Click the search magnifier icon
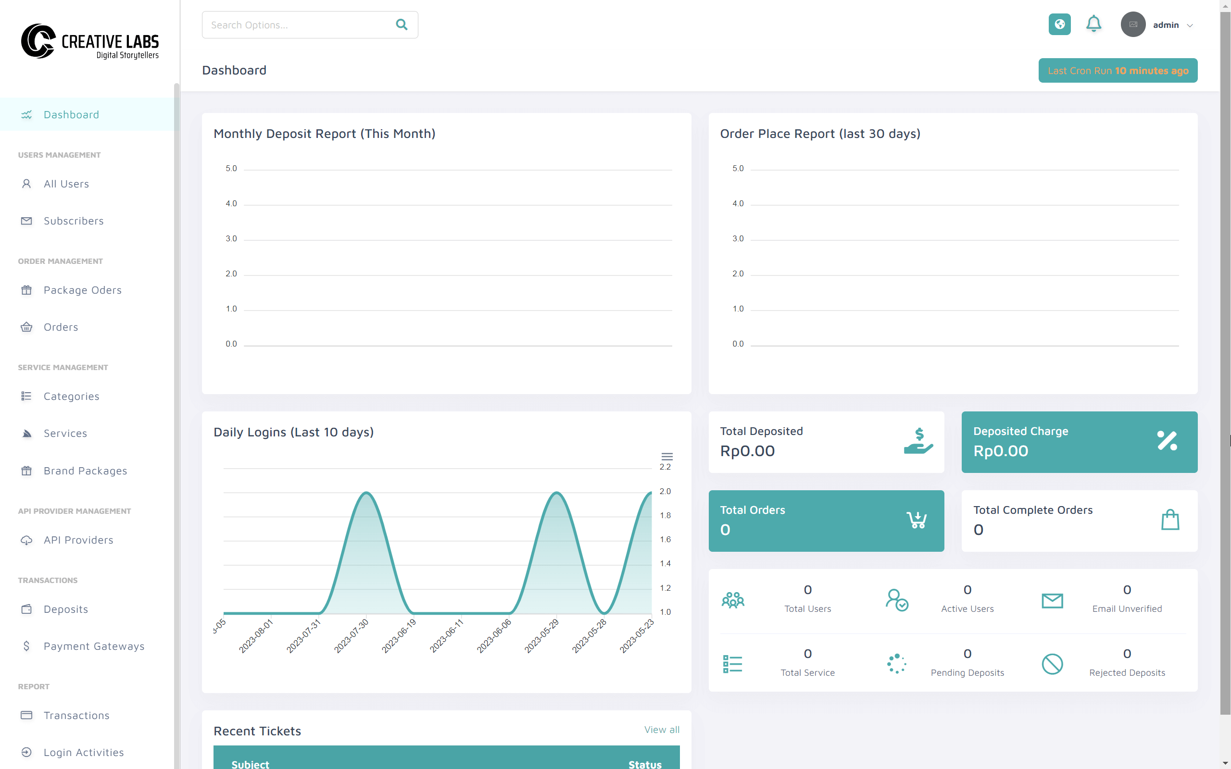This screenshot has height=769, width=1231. click(402, 25)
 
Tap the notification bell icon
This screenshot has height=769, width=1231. click(1093, 24)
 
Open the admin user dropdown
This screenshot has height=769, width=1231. click(1157, 25)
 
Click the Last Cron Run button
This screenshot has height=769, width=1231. click(1118, 70)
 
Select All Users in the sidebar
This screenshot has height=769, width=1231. click(66, 184)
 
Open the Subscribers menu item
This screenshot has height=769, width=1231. click(73, 221)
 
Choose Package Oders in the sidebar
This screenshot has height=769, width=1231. click(82, 290)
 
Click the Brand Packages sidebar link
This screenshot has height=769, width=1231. click(85, 471)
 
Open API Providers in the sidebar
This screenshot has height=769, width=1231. click(78, 540)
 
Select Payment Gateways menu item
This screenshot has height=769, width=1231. click(94, 646)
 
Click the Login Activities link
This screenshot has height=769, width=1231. click(83, 752)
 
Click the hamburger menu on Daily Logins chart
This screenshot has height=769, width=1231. click(667, 456)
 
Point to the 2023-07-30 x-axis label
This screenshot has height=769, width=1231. click(352, 636)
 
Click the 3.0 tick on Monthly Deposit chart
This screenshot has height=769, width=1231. click(231, 238)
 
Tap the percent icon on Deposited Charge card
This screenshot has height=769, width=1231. click(1167, 440)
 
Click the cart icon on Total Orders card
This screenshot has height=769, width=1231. click(917, 520)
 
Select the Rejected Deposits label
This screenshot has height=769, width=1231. click(1127, 672)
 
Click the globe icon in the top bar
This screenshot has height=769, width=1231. click(1059, 25)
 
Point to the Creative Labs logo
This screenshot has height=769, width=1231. click(89, 41)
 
